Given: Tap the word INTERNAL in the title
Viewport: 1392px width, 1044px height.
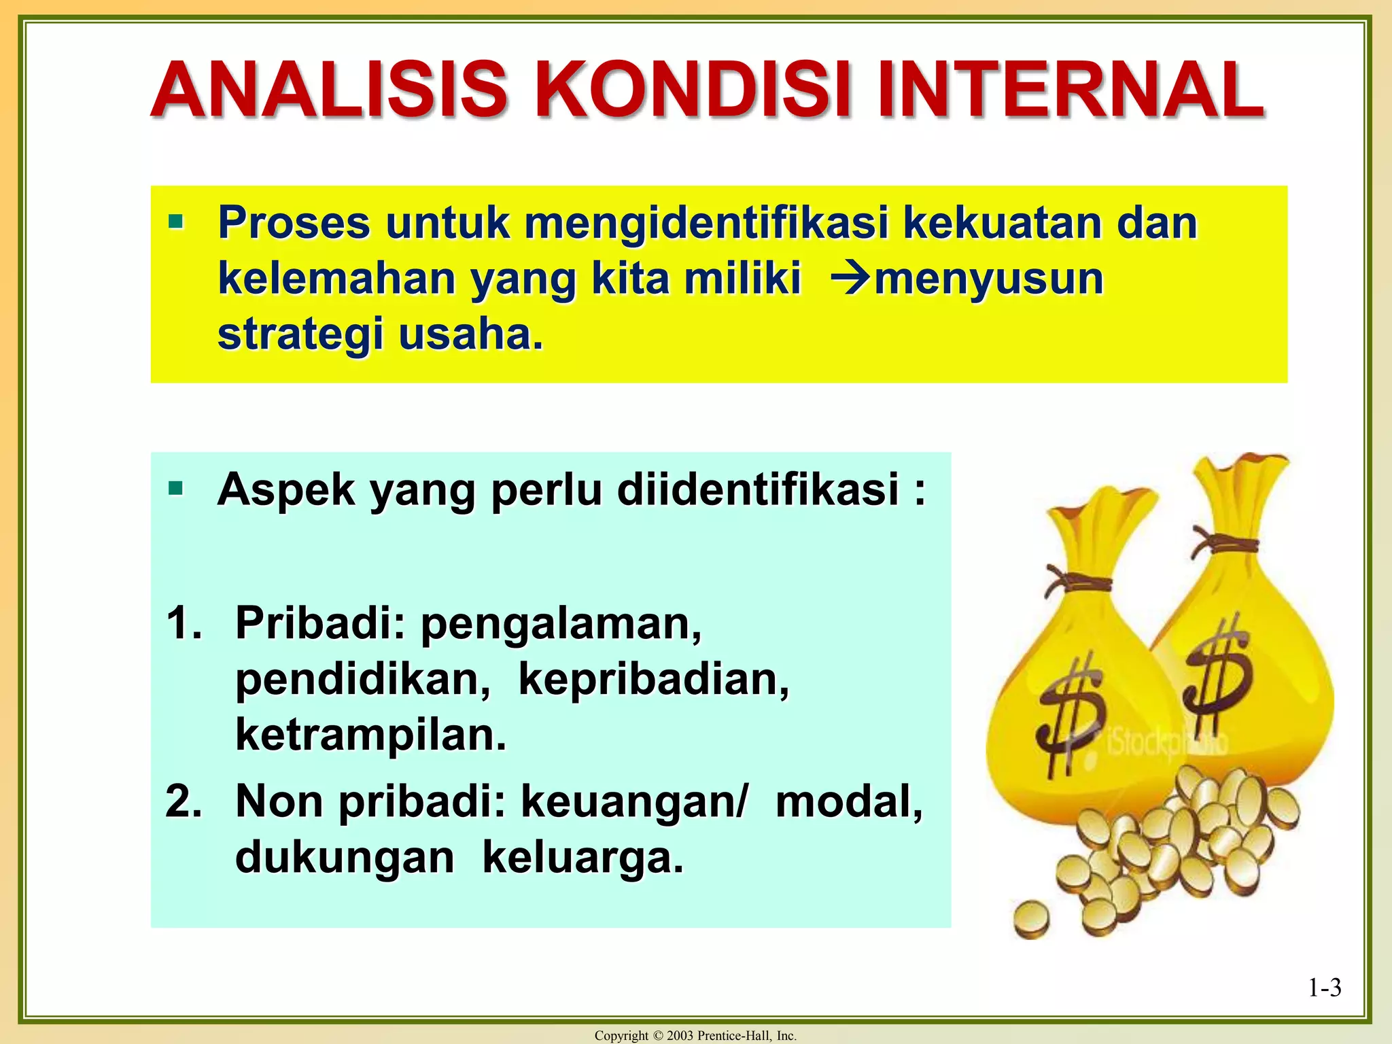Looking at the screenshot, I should click(x=1070, y=90).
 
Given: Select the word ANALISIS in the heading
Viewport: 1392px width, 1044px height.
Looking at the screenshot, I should click(x=329, y=90).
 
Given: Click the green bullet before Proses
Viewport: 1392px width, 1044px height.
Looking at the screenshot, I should click(x=176, y=221).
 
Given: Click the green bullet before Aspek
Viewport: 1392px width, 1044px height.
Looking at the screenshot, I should click(x=176, y=487).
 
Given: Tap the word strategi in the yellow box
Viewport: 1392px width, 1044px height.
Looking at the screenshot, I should click(x=300, y=335).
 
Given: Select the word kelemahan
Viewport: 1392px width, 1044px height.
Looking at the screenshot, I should click(x=336, y=279).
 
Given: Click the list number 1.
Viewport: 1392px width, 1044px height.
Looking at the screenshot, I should click(x=184, y=623).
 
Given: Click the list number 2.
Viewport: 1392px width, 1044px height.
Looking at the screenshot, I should click(x=184, y=801).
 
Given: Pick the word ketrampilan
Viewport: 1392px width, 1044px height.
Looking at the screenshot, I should click(x=371, y=735).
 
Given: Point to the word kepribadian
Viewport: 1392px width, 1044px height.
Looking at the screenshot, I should click(x=653, y=679).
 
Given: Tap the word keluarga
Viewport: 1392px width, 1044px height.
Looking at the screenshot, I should click(x=582, y=857).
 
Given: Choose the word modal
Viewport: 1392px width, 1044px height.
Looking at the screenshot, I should click(x=849, y=801).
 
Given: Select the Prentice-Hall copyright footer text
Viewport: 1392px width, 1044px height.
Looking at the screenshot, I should click(x=695, y=1035).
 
